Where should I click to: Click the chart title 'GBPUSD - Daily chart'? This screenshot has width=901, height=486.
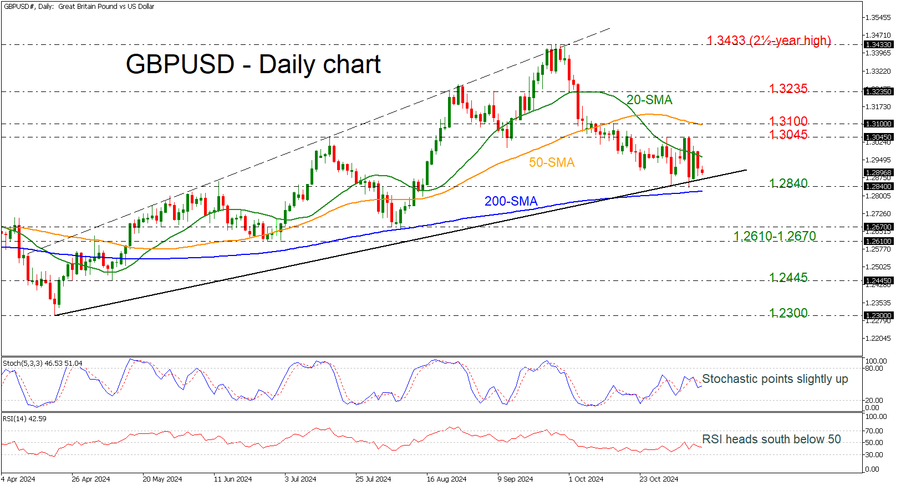253,64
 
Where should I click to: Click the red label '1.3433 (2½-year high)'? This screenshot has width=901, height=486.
768,40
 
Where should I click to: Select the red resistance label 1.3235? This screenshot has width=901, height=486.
788,89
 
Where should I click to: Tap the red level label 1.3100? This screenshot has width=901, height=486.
788,121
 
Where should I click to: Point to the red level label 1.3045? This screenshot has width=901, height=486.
788,135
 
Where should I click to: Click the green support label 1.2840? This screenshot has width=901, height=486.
788,183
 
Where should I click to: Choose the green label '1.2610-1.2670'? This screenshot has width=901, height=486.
775,236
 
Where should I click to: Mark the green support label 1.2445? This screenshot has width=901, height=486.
788,278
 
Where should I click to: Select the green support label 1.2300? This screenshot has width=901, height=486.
788,313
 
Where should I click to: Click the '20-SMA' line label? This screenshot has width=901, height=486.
649,100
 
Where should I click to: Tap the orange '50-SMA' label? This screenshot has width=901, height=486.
551,162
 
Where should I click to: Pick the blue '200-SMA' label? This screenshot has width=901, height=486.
511,201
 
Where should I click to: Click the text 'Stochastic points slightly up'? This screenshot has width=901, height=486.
775,379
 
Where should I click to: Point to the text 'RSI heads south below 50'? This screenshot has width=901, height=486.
771,439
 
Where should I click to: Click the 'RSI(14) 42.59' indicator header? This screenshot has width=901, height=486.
24,419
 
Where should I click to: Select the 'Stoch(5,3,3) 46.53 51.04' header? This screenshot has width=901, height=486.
43,364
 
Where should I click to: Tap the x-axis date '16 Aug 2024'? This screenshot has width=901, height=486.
446,479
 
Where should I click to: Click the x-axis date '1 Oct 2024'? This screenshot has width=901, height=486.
586,479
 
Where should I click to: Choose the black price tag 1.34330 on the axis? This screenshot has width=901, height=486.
878,45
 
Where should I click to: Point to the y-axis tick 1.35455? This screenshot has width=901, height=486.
878,18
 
